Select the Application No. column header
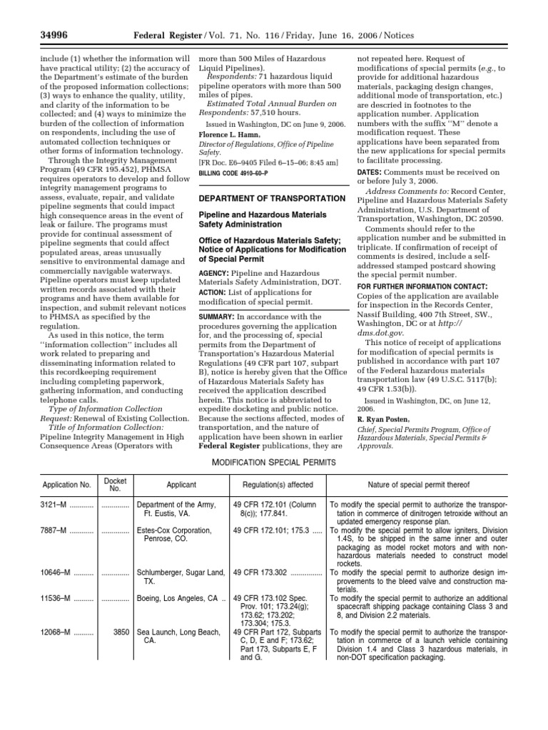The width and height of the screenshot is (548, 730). tap(66, 485)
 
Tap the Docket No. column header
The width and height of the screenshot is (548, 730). tap(115, 485)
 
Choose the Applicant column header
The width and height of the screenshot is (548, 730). tap(181, 485)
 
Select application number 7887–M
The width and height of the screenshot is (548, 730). tap(54, 531)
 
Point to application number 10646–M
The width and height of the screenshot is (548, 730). tap(56, 572)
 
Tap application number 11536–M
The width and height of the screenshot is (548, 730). tap(56, 598)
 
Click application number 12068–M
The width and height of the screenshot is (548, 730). tap(56, 632)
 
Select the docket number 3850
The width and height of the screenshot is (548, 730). tap(121, 632)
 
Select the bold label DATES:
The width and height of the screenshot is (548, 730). tap(370, 173)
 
